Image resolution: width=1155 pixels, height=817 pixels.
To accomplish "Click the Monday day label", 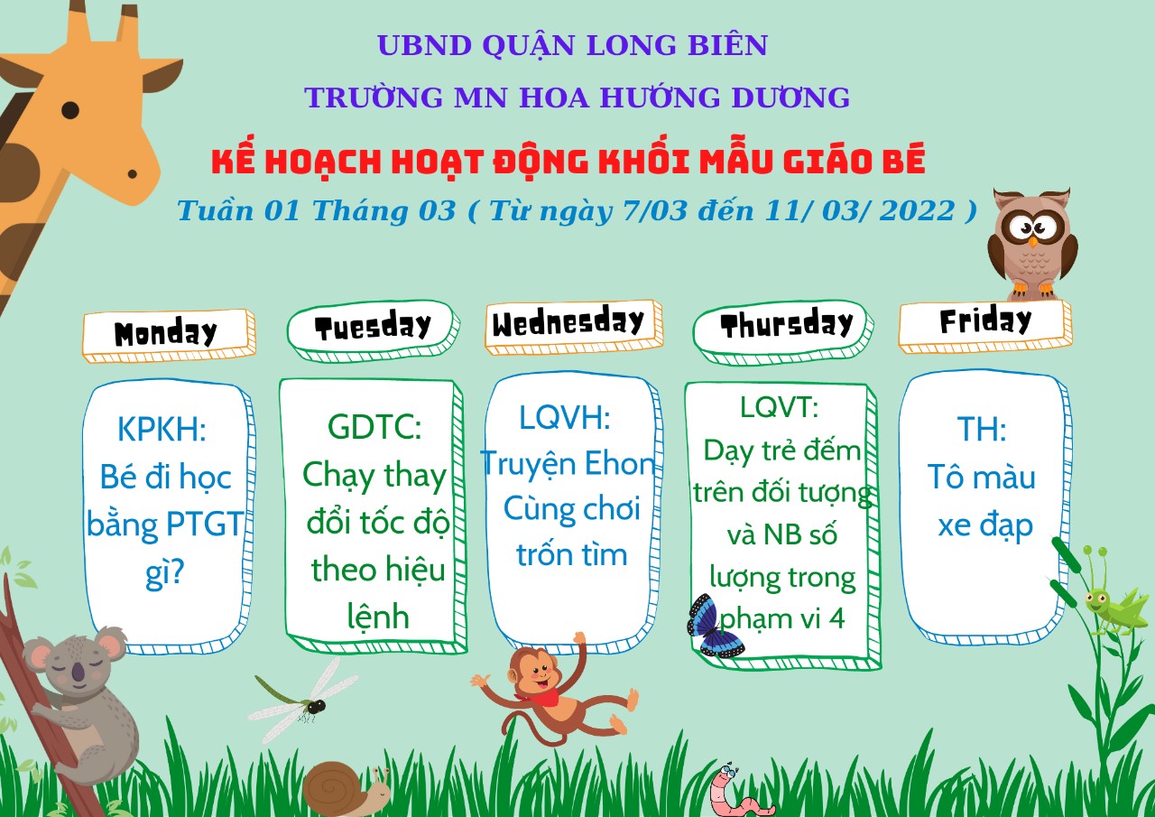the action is [165, 333].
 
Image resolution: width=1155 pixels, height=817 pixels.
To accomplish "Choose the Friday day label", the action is [985, 320].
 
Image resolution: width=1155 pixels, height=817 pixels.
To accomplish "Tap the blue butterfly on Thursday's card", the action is [713, 627].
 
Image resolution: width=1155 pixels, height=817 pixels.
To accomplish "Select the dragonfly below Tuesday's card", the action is [297, 699].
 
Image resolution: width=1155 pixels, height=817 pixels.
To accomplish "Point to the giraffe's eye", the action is [70, 110].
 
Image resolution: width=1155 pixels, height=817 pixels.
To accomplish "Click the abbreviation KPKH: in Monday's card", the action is [162, 429].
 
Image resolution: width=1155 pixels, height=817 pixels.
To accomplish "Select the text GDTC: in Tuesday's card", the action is [374, 427].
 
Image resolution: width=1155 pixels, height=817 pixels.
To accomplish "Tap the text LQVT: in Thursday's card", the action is [779, 407].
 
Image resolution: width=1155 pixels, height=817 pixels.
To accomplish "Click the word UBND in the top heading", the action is [425, 45].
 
